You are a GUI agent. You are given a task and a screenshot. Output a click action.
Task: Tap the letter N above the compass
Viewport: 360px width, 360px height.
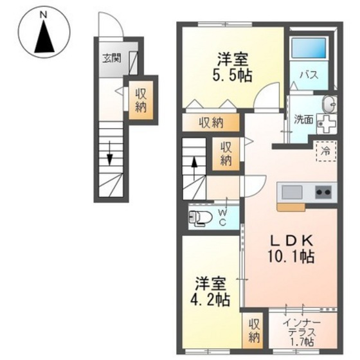coord(44,13)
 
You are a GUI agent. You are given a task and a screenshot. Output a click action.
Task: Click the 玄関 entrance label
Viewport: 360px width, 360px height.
coord(112,59)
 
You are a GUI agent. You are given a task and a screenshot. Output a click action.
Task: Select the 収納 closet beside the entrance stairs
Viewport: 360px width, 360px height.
coord(140,100)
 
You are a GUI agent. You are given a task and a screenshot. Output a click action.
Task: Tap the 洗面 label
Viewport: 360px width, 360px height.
coord(303,119)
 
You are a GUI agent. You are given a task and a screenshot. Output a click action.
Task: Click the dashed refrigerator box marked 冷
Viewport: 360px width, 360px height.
coord(325,151)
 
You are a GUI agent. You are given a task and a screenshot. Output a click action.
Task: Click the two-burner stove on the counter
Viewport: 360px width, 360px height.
coord(322,192)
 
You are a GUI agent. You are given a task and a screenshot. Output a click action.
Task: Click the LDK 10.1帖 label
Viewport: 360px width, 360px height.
coord(291,248)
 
